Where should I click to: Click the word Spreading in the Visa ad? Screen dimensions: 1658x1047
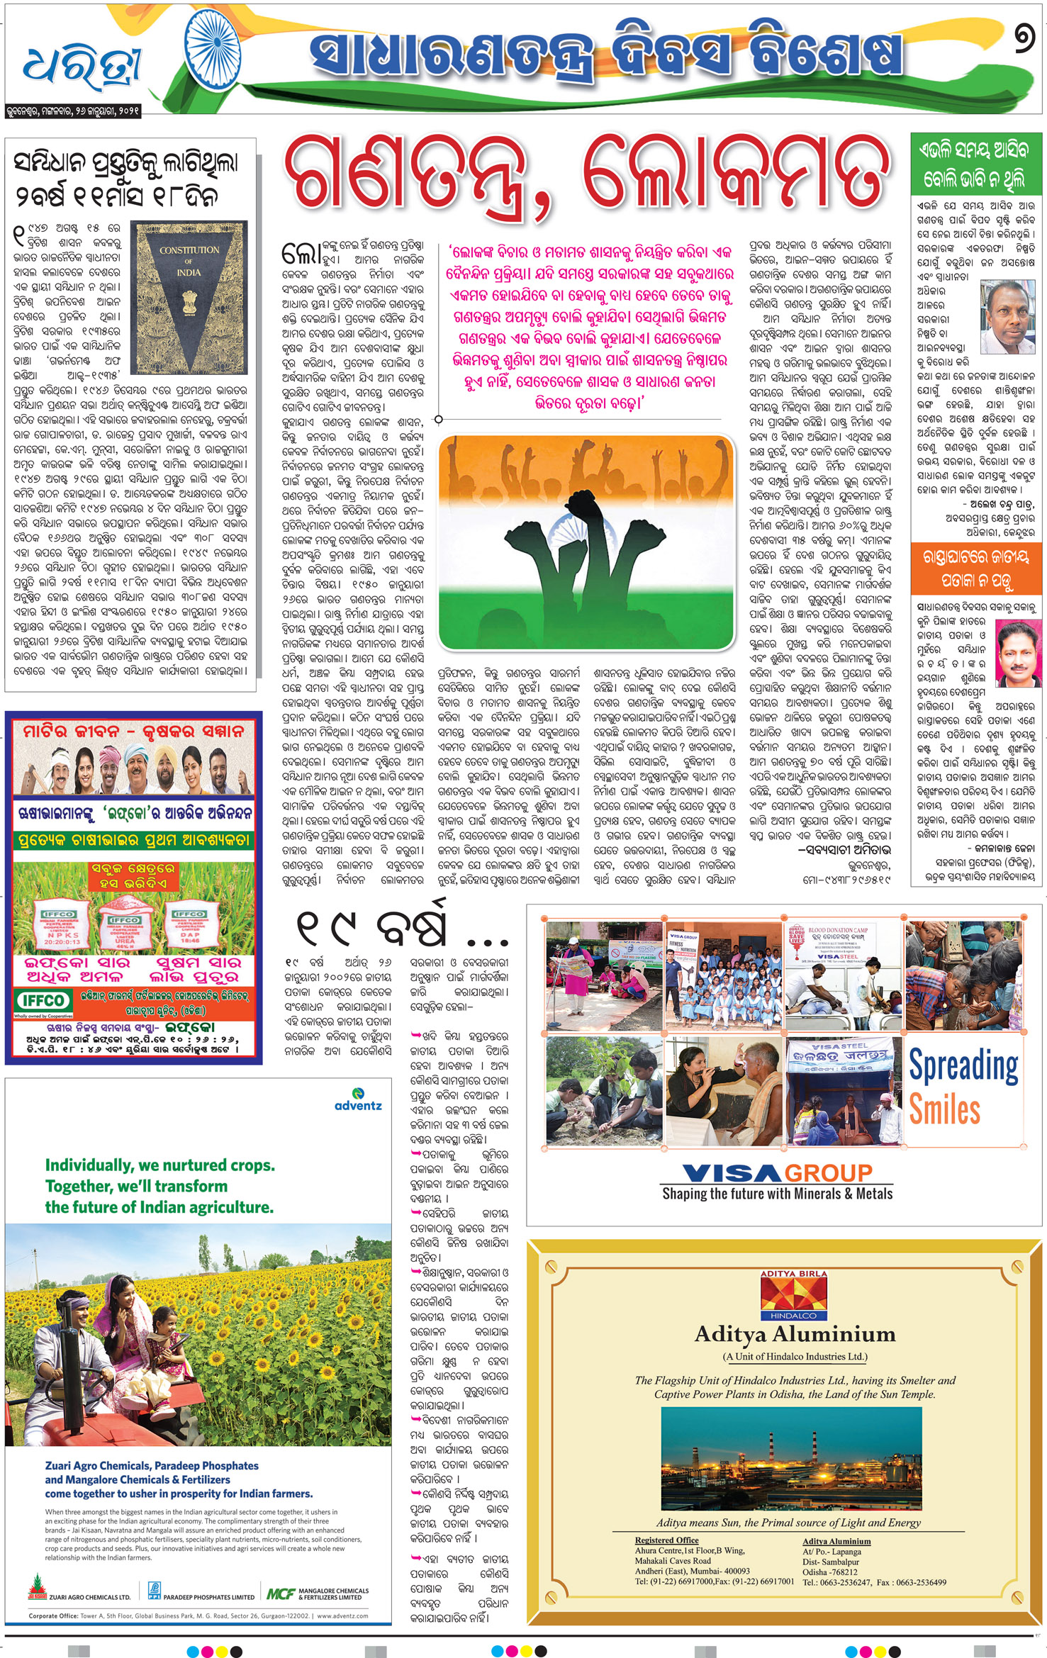point(963,1066)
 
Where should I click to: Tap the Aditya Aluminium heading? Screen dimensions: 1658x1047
point(795,1335)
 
